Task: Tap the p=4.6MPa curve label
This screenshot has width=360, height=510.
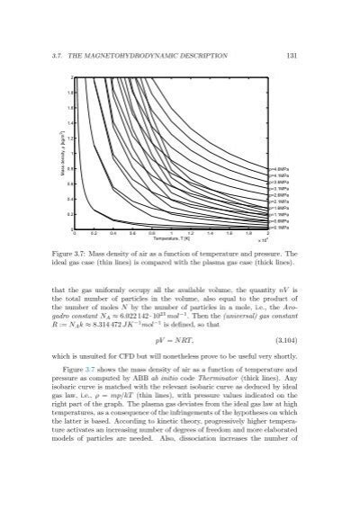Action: pyautogui.click(x=278, y=168)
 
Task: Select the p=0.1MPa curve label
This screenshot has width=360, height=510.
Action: pyautogui.click(x=278, y=228)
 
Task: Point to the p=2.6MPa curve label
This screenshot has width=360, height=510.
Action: pyautogui.click(x=278, y=194)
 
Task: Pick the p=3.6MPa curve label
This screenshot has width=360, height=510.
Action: pyautogui.click(x=278, y=181)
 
